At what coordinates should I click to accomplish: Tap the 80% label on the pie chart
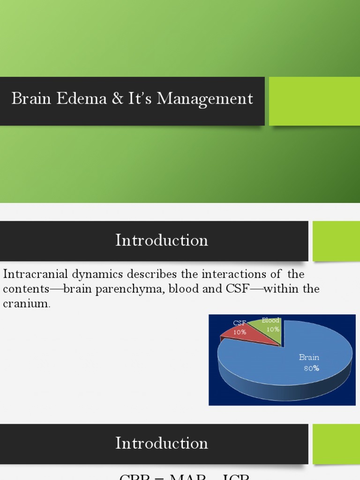pyautogui.click(x=311, y=368)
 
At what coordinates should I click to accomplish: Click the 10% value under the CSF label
pyautogui.click(x=240, y=332)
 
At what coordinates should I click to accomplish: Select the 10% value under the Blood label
pyautogui.click(x=273, y=329)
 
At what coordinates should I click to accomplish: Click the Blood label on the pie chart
pyautogui.click(x=270, y=321)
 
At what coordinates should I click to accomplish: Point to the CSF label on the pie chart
pyautogui.click(x=240, y=323)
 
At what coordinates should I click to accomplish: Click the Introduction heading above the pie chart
pyautogui.click(x=162, y=240)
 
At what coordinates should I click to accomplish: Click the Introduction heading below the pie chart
pyautogui.click(x=162, y=443)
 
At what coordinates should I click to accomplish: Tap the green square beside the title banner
pyautogui.click(x=314, y=101)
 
